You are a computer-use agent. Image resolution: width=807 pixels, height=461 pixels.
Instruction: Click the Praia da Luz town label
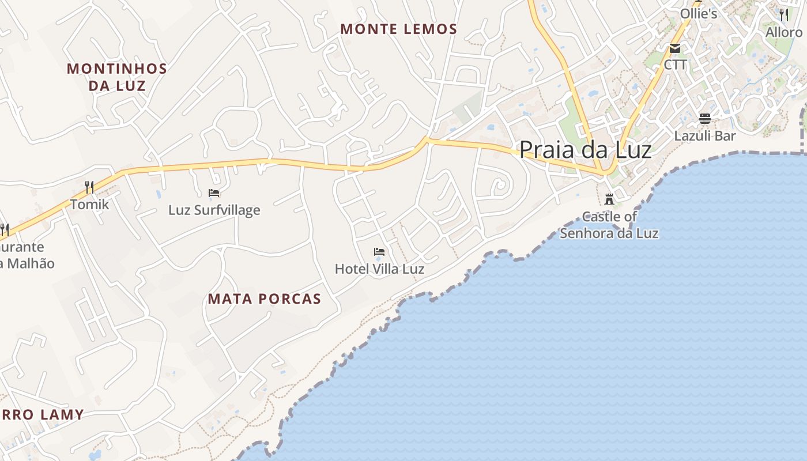click(x=585, y=150)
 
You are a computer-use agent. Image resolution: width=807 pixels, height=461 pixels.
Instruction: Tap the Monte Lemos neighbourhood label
click(x=398, y=29)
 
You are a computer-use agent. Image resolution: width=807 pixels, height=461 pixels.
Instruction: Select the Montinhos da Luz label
click(x=117, y=77)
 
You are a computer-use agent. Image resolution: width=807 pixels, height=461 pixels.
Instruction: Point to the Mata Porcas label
click(x=264, y=298)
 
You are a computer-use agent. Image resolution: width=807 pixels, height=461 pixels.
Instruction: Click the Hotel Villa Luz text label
click(x=379, y=269)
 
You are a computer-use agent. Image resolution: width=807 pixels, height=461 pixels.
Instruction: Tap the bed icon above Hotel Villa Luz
click(x=379, y=252)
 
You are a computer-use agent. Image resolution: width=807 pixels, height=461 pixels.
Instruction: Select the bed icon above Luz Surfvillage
click(x=214, y=193)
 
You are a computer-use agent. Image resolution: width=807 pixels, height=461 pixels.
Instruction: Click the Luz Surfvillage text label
click(x=214, y=210)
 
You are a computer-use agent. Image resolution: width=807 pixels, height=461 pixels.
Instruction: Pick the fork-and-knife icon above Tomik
click(x=89, y=187)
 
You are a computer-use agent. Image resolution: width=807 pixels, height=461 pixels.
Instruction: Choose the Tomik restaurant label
click(x=89, y=204)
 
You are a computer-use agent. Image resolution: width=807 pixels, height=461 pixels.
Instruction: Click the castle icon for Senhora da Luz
click(x=609, y=199)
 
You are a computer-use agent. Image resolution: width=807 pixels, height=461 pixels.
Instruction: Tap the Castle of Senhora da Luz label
click(x=609, y=225)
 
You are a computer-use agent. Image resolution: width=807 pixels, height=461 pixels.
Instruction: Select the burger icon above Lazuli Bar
click(x=704, y=119)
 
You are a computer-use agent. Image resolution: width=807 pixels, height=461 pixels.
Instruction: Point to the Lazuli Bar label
click(x=704, y=136)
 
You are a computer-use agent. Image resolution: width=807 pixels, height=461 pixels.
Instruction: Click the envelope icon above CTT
click(x=675, y=48)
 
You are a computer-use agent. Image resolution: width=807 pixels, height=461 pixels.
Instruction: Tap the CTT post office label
click(x=675, y=65)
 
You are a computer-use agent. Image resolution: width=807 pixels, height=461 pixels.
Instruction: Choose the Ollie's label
click(x=699, y=13)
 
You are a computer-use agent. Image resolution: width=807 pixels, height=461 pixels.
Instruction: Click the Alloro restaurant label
click(x=783, y=32)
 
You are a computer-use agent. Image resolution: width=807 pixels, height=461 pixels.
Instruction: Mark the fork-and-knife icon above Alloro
click(x=783, y=14)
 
